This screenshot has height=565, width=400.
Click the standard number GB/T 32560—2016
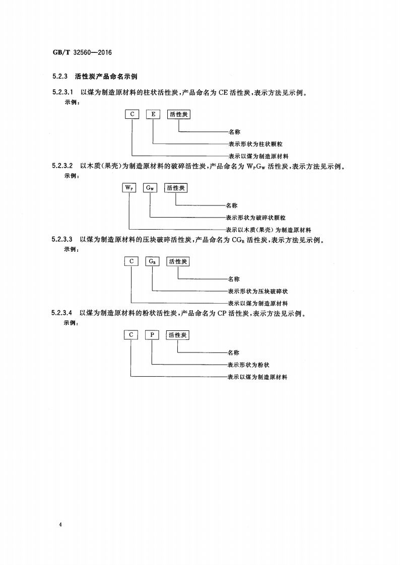[x=82, y=52]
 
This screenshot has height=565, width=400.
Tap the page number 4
[x=60, y=525]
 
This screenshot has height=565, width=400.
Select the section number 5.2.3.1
[x=63, y=93]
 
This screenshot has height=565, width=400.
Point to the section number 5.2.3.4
[x=63, y=313]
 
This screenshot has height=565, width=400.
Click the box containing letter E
[x=153, y=115]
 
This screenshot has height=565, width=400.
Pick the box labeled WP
[x=129, y=188]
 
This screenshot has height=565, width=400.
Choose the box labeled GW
[x=151, y=188]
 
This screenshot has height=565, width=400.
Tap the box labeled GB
[x=153, y=261]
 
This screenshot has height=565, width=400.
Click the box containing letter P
[x=152, y=335]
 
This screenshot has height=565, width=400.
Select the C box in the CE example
[x=132, y=115]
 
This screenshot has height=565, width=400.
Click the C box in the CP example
[x=131, y=335]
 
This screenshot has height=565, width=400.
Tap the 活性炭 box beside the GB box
[x=178, y=261]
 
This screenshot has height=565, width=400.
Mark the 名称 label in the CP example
[x=233, y=352]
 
